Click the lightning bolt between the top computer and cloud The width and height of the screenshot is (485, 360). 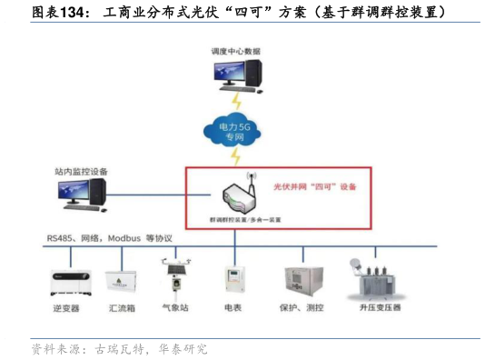click(237, 100)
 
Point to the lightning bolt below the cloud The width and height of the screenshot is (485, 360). click(237, 157)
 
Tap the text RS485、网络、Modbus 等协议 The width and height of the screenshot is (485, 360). click(110, 238)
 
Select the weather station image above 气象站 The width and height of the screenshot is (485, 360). click(173, 276)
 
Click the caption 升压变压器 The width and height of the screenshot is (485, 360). click(379, 308)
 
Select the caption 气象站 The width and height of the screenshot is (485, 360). click(175, 308)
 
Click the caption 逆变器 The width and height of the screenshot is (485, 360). click(66, 308)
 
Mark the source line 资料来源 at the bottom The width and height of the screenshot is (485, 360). click(119, 348)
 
